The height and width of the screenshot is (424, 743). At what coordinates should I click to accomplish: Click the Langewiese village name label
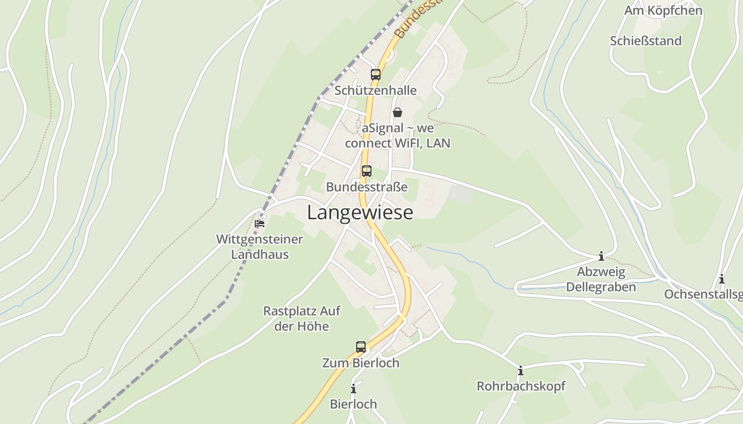pos(360,213)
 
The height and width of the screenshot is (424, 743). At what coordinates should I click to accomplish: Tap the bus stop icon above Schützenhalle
pos(376,75)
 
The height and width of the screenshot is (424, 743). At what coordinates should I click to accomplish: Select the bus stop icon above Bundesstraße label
pos(367,171)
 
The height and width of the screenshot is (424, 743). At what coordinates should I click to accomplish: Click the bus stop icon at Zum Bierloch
pos(361,347)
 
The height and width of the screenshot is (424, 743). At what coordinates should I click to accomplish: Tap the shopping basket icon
pos(397,112)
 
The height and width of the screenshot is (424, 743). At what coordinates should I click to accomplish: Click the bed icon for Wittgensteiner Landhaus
pos(260,223)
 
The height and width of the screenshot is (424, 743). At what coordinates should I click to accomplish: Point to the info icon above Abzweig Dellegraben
pos(601,257)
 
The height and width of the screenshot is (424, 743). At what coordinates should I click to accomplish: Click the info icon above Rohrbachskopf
pos(521,370)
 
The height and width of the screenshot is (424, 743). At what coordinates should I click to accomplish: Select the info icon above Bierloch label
pos(353,389)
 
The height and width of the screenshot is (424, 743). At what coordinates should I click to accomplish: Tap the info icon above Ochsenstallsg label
pos(722,279)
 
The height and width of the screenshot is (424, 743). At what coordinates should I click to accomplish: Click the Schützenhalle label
pos(375,91)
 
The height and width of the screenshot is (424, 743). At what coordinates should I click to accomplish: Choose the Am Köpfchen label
pos(663,11)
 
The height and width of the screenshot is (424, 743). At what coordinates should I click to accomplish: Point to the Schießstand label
pos(645,41)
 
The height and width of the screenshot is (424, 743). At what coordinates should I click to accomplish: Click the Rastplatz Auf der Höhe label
pos(302,318)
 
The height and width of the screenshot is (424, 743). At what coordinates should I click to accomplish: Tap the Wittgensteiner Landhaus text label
pos(260,246)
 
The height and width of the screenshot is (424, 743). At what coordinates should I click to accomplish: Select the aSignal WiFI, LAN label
pos(398,136)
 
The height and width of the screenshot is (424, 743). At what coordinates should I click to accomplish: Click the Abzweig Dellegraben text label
pos(601,279)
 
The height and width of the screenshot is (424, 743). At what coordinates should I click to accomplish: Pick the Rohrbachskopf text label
pos(521,386)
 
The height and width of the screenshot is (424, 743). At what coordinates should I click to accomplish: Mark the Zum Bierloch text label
pos(361,363)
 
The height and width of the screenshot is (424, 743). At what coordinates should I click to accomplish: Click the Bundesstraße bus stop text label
pos(367,187)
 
